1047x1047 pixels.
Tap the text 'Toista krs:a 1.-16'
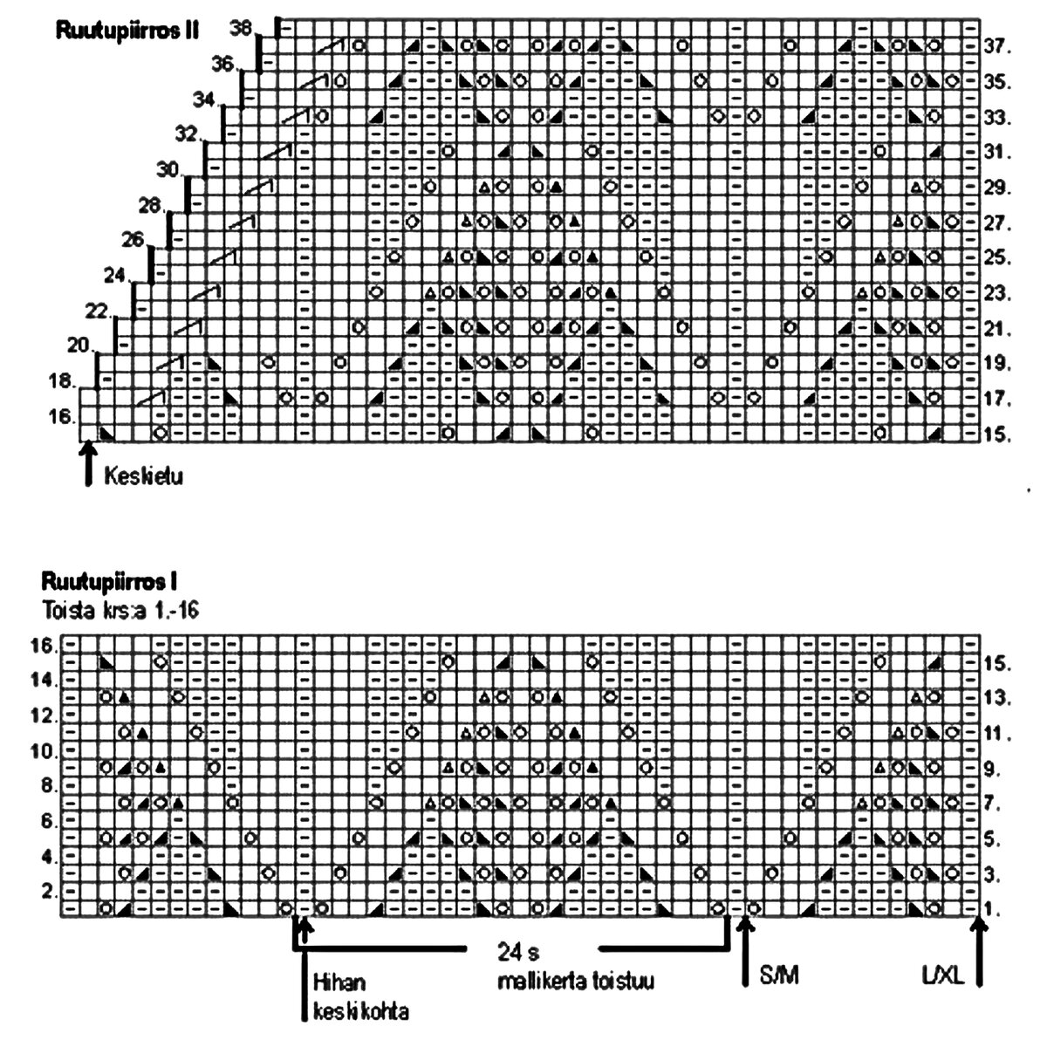coord(119,611)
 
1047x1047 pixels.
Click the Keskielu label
coord(143,477)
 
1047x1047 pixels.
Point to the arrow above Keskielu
coord(86,463)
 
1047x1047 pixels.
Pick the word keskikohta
coord(360,1013)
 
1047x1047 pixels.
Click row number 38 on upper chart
coord(242,28)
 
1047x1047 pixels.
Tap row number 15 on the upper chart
coord(996,435)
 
